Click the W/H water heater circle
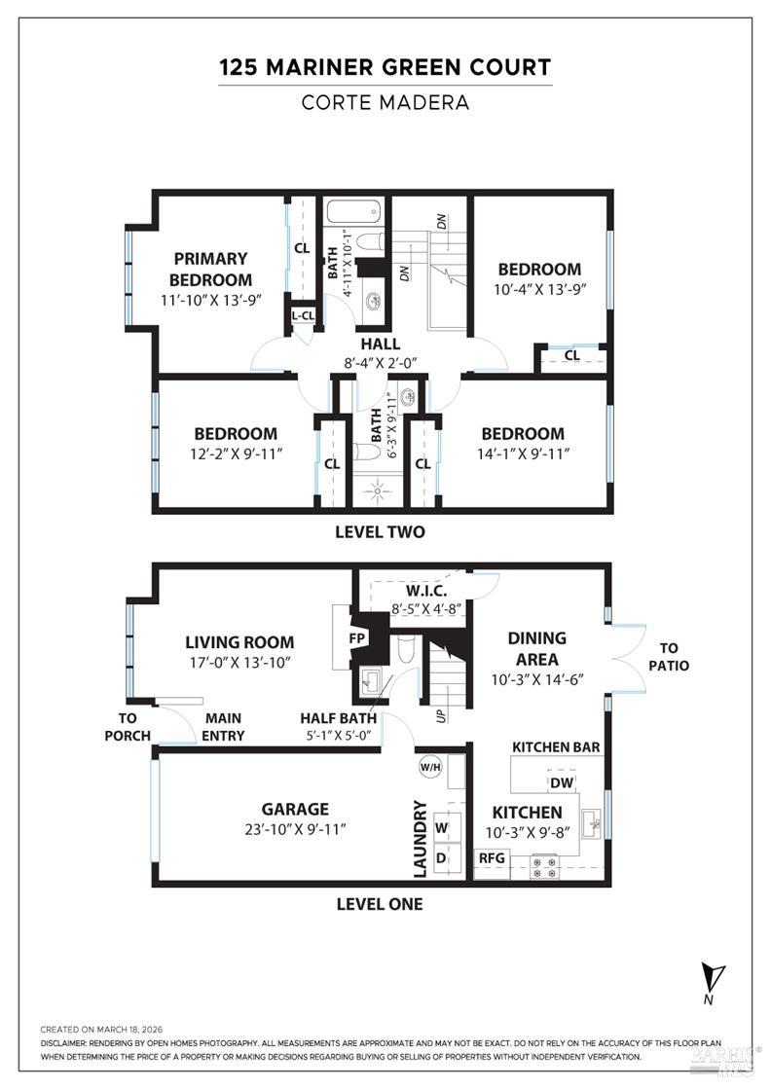click(x=429, y=767)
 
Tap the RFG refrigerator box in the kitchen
click(x=491, y=858)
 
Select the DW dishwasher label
click(x=561, y=782)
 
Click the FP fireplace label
click(x=357, y=639)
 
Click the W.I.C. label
click(x=425, y=591)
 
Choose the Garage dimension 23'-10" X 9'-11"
click(x=295, y=829)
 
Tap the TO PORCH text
click(x=128, y=726)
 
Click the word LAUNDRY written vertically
click(x=421, y=836)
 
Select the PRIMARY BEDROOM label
click(x=211, y=269)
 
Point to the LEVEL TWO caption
click(x=380, y=532)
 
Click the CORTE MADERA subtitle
click(x=385, y=102)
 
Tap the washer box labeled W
click(x=442, y=828)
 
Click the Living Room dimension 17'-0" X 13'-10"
click(x=239, y=662)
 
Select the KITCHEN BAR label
click(x=556, y=747)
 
